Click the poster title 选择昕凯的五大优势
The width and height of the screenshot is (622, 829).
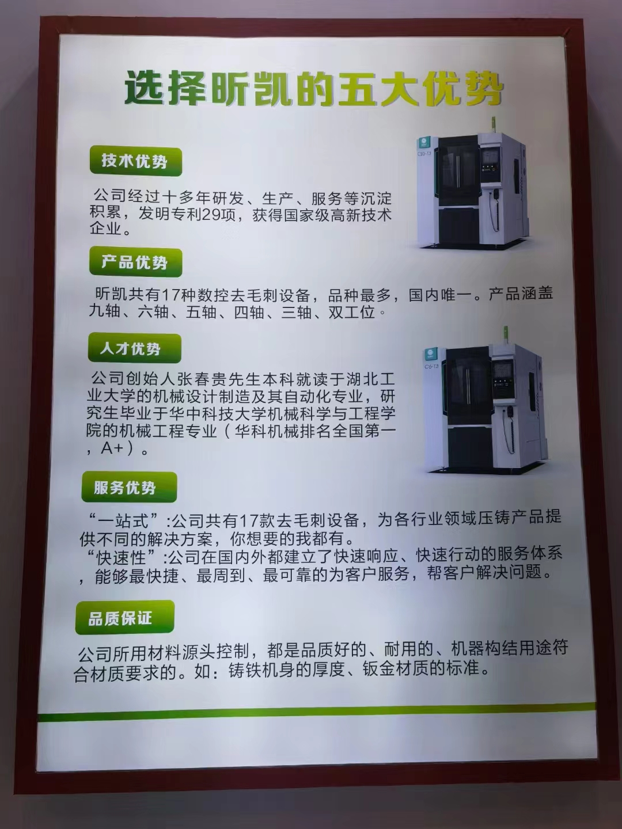(314, 89)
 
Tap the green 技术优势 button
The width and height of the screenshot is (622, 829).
(136, 162)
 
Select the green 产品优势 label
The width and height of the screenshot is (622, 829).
(135, 263)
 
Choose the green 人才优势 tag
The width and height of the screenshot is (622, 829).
(134, 348)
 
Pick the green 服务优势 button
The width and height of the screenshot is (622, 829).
(129, 487)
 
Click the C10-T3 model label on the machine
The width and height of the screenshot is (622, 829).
(424, 153)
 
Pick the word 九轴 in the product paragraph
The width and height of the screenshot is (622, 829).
(104, 312)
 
